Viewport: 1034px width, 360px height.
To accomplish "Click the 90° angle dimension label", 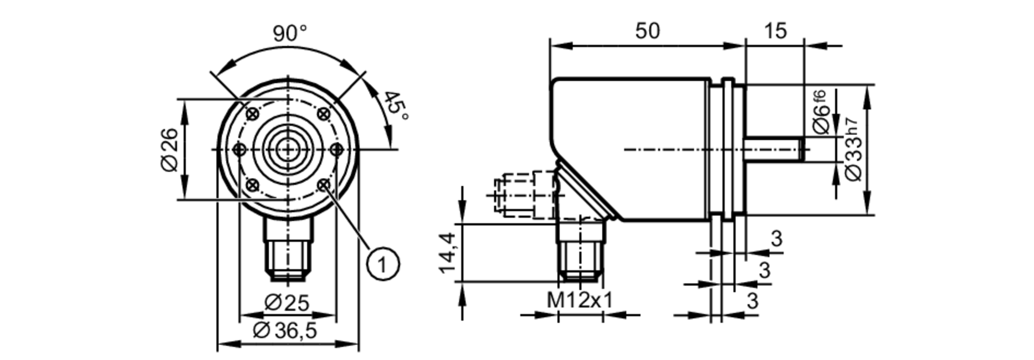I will point(290,34).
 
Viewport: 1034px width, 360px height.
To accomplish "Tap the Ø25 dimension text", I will point(287,303).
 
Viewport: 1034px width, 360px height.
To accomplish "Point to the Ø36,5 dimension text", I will point(285,331).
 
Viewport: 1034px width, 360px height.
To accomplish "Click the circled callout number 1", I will point(383,264).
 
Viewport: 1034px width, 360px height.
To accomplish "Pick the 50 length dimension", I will point(647,31).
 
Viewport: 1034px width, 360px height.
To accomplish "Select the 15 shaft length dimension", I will point(775,31).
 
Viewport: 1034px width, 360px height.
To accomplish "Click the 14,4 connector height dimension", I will point(447,252).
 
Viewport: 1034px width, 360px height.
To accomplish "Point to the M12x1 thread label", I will point(580,300).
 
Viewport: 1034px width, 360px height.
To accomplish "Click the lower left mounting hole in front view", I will point(252,185).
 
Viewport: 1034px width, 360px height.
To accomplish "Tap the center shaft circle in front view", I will point(287,149).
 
